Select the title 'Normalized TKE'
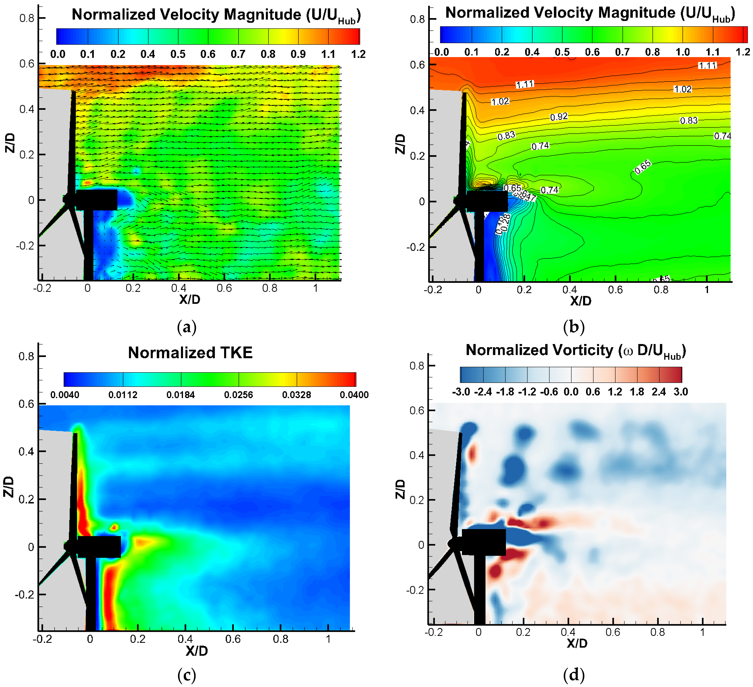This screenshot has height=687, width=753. click(190, 353)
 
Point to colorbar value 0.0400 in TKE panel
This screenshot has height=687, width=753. click(354, 395)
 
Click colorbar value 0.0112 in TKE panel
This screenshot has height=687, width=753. click(123, 395)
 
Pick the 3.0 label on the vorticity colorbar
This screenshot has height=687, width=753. click(681, 392)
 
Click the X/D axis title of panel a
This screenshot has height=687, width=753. click(189, 299)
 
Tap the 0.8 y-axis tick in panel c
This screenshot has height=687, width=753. click(26, 356)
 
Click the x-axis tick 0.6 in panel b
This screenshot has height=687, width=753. click(615, 290)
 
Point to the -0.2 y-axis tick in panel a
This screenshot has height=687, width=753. click(25, 246)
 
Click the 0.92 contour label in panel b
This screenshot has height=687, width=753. click(559, 117)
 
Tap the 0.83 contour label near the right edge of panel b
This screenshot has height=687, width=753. click(688, 121)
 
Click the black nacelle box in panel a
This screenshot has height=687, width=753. click(96, 200)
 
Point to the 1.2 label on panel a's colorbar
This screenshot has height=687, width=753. click(358, 55)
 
